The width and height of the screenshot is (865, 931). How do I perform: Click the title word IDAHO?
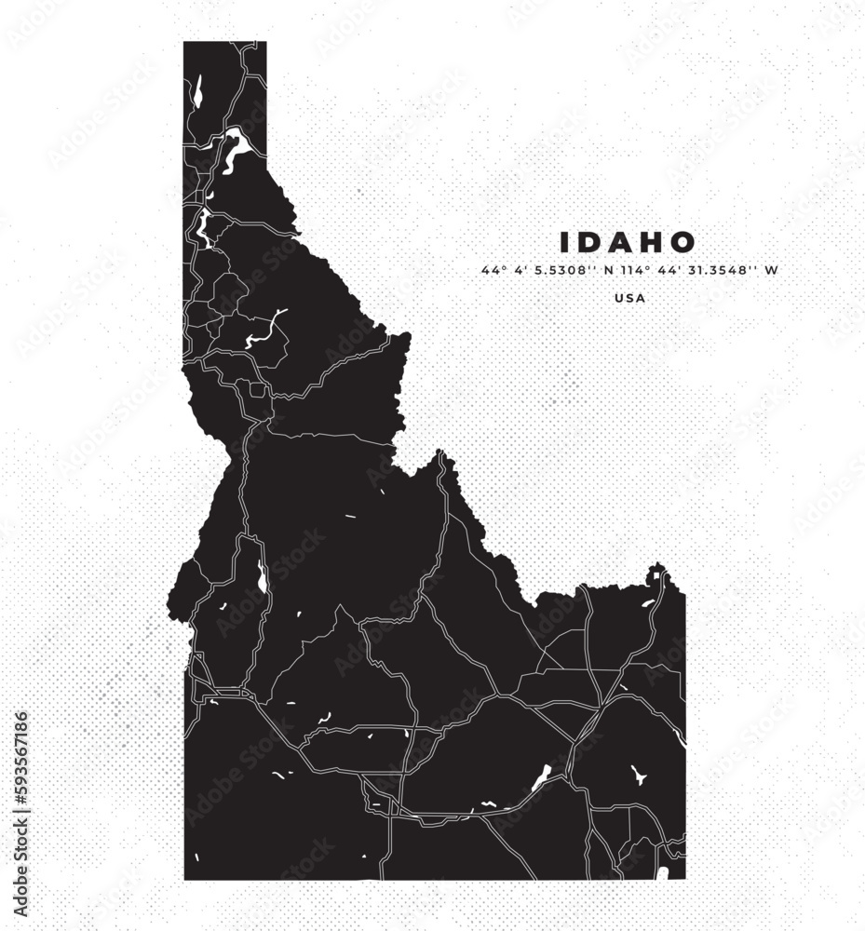click(x=628, y=243)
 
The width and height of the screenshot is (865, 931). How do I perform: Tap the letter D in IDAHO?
click(x=590, y=243)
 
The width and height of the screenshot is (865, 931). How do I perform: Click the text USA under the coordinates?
click(x=629, y=299)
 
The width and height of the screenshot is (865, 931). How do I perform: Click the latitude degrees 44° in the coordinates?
click(x=491, y=271)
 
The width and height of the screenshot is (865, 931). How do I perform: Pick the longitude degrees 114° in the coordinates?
click(x=632, y=271)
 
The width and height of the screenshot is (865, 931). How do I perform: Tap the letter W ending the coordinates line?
click(x=771, y=271)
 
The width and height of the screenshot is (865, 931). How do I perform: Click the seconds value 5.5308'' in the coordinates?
click(x=561, y=271)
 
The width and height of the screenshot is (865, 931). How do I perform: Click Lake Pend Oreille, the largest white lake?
click(x=234, y=149)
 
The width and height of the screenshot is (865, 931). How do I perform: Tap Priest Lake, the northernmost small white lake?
click(x=197, y=91)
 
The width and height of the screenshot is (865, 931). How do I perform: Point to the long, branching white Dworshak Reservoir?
click(x=265, y=331)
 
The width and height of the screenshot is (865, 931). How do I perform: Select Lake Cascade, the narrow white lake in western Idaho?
click(x=263, y=579)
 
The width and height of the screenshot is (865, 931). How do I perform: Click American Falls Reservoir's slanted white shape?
click(x=542, y=776)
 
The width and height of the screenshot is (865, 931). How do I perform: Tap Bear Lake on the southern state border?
click(x=662, y=873)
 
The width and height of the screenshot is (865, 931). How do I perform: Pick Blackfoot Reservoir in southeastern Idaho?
click(x=639, y=775)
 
